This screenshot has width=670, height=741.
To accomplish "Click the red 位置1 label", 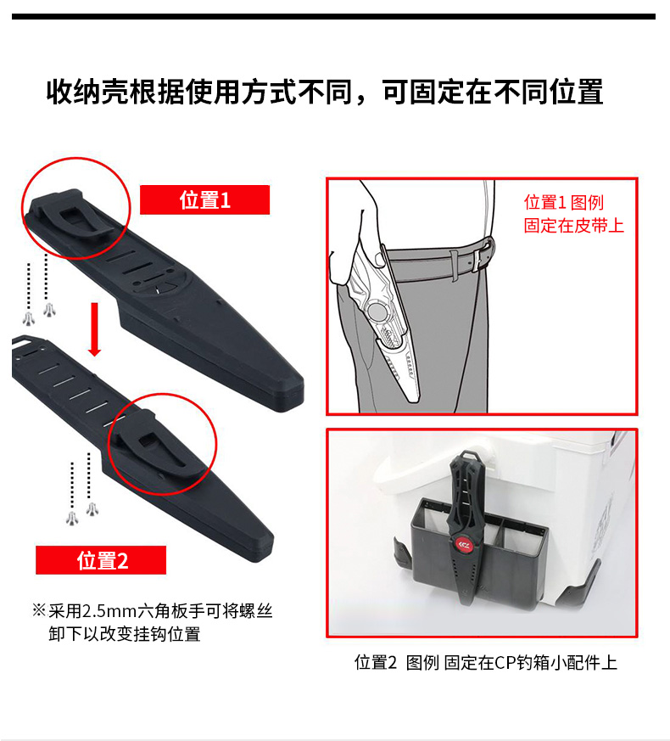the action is tap(204, 200).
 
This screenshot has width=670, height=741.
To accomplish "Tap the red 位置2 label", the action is tap(101, 560).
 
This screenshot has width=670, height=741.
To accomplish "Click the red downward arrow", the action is tap(94, 329).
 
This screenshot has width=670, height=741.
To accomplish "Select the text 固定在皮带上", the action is tap(573, 226).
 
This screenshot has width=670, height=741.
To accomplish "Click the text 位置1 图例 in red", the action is tap(564, 202).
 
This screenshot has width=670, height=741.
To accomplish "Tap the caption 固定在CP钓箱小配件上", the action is tap(530, 663).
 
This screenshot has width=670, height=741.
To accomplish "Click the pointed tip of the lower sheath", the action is tap(269, 544).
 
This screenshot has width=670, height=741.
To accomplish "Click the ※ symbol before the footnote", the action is tap(39, 610).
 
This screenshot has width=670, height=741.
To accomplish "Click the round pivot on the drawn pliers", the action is tap(377, 312).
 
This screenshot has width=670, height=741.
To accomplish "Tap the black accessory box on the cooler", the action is tap(477, 553).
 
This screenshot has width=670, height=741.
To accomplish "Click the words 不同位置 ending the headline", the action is tap(548, 92).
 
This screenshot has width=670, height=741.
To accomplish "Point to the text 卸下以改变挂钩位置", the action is tap(125, 634).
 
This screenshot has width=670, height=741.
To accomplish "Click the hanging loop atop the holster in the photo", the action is tap(468, 454).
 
